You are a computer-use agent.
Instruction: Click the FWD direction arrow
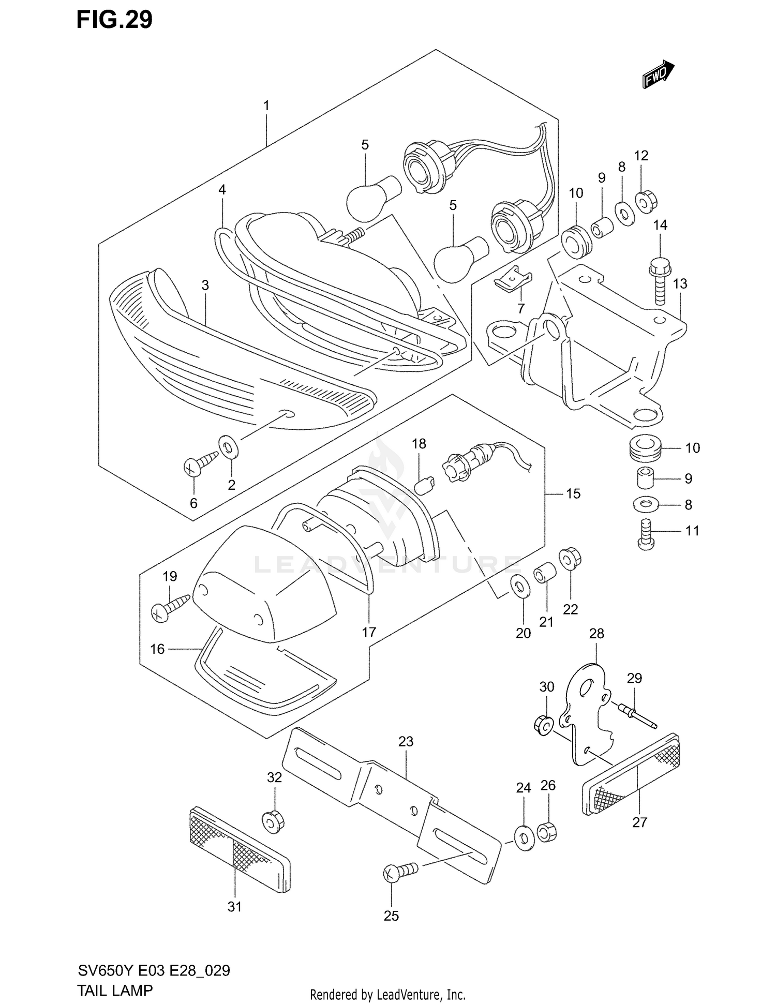(x=658, y=74)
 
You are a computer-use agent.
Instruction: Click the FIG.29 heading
(x=114, y=20)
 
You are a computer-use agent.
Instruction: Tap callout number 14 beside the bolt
(x=660, y=225)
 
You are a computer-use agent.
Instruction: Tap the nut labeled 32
(x=274, y=821)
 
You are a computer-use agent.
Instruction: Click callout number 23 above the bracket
(x=406, y=742)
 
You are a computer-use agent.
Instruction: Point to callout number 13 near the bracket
(x=680, y=283)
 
